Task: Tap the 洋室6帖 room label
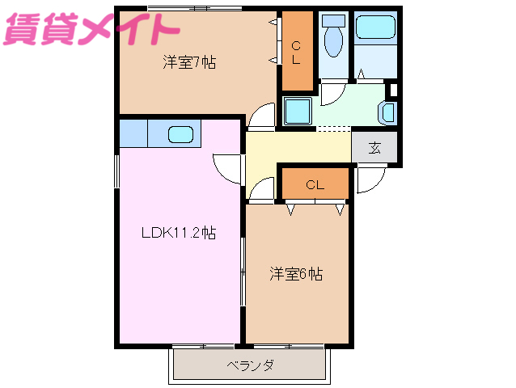(x=296, y=274)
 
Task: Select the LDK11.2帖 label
(x=179, y=234)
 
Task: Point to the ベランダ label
(x=249, y=365)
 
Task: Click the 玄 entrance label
(x=374, y=147)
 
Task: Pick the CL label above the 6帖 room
(x=315, y=185)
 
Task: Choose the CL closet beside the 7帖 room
(x=296, y=51)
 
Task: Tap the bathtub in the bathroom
(x=376, y=29)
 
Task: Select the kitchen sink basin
(x=180, y=134)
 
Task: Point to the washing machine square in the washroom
(x=298, y=110)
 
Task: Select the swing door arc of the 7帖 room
(x=261, y=117)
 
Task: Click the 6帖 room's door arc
(x=260, y=190)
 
